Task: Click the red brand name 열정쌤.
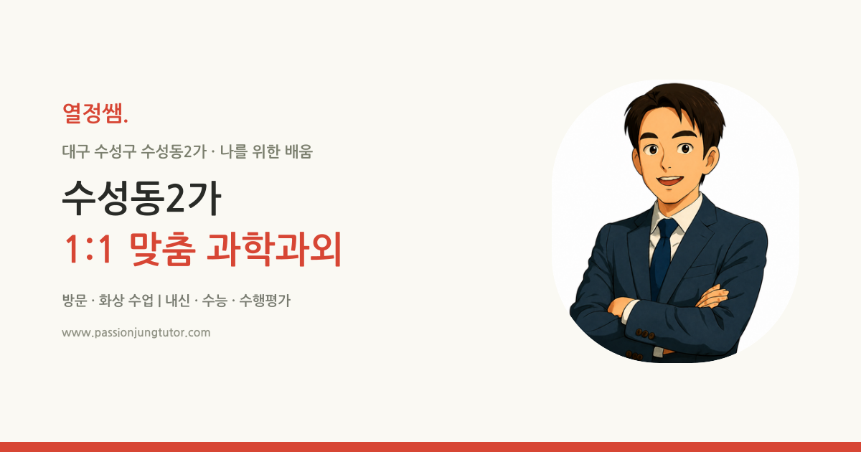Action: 95,113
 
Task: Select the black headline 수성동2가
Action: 142,198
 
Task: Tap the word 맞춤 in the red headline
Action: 163,249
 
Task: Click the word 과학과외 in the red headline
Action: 274,249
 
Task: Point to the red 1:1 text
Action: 89,249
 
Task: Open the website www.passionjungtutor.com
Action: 136,332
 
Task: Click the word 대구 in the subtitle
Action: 76,151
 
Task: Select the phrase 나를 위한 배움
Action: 266,151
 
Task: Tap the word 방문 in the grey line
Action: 75,300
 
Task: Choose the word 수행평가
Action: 265,300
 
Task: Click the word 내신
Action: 178,300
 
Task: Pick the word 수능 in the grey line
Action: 215,300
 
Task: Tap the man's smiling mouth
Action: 670,180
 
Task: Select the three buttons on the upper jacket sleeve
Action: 644,334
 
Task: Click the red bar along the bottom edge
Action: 430,447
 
